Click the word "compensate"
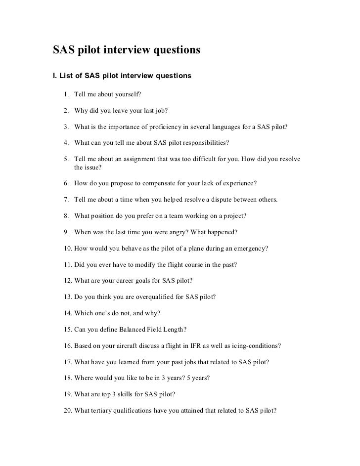pos(154,183)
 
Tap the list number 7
pos(66,200)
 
